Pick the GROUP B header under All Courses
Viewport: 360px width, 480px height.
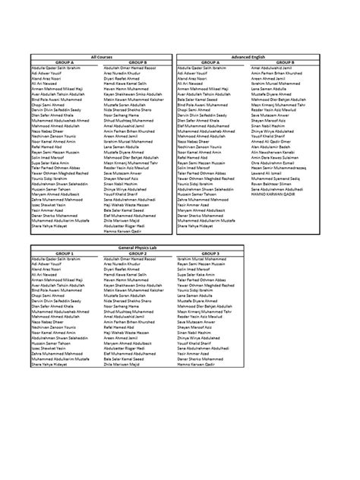coord(138,62)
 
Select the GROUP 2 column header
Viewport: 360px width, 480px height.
coord(138,254)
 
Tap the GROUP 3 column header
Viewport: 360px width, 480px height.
coord(210,254)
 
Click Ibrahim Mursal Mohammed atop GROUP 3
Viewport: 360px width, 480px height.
coord(206,260)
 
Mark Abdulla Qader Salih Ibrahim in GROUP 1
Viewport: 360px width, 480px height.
coord(57,260)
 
